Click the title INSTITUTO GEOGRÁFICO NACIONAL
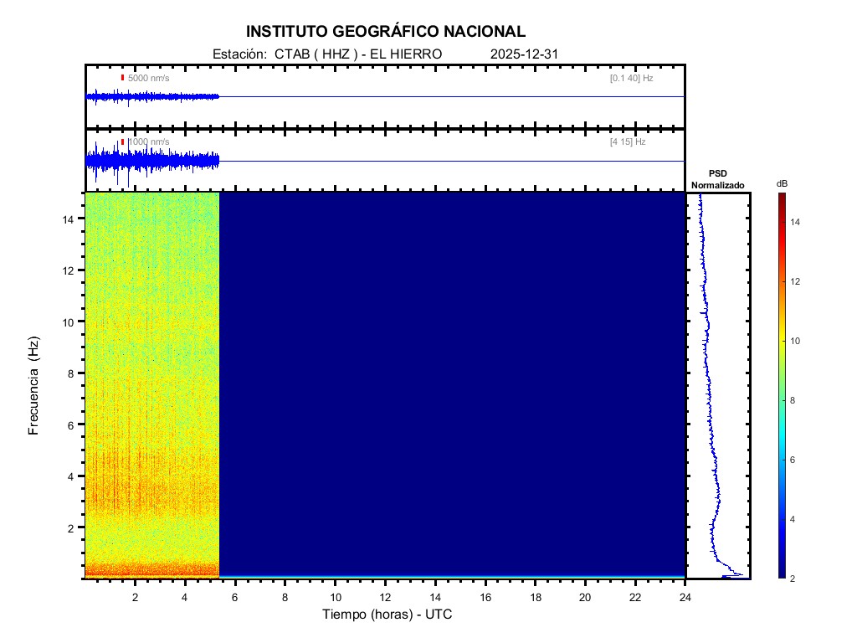click(386, 32)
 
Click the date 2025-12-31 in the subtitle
click(524, 54)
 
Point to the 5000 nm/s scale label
click(148, 78)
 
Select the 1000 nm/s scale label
click(148, 142)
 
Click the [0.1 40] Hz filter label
click(631, 78)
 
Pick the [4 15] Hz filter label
click(628, 142)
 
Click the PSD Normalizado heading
click(717, 179)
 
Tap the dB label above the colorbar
click(782, 183)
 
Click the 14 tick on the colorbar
click(797, 222)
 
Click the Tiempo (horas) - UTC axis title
click(387, 615)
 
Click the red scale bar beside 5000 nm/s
click(122, 78)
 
